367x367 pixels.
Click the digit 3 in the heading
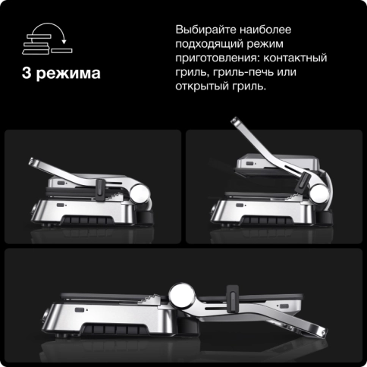click(28, 75)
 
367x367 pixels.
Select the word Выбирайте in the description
click(205, 30)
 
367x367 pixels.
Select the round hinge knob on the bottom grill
click(183, 294)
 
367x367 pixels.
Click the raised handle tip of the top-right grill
click(234, 124)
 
